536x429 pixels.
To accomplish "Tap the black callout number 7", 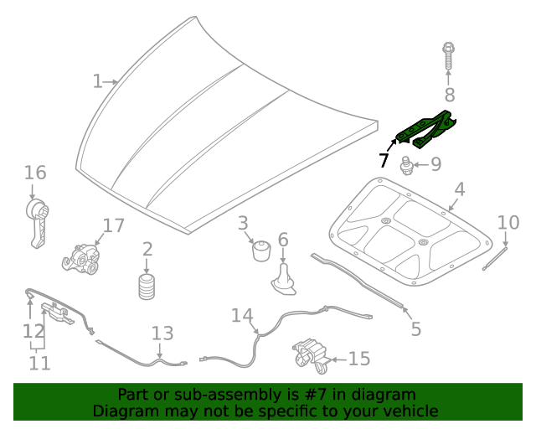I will point(384,160).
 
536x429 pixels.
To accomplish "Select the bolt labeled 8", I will point(449,56).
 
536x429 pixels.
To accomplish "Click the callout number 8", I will point(449,95).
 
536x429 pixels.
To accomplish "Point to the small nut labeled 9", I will point(408,165).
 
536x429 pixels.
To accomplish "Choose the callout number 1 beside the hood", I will point(97,81).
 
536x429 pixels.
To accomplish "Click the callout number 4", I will point(460,189).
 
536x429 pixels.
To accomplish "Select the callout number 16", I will point(34,173).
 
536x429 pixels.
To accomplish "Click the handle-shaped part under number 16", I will point(35,221).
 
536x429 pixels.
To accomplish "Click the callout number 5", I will point(416,328).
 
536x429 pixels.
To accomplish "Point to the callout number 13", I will point(162,333).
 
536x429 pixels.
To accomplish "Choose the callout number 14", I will point(242,315).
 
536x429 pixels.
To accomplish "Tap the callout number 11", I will point(39,364).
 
